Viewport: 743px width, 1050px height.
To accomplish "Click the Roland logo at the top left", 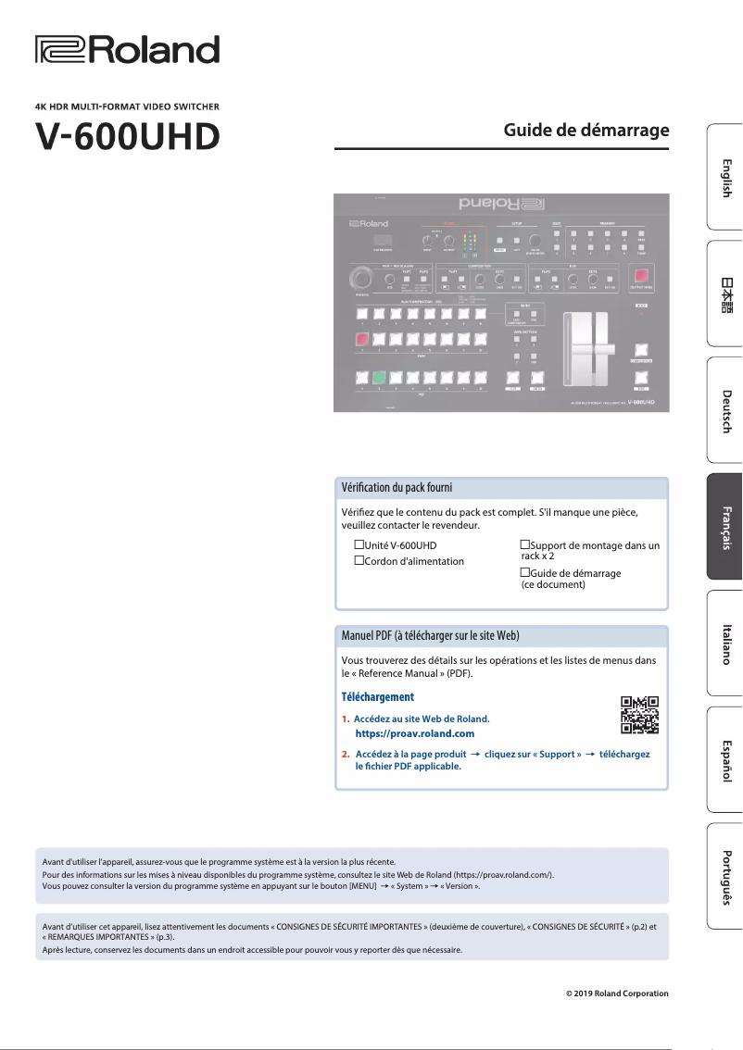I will coord(127,50).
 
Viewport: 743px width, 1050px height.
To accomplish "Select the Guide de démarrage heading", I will coord(586,130).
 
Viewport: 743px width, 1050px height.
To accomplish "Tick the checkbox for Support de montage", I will coord(524,545).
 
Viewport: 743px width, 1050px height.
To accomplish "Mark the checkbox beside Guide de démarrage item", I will coord(524,573).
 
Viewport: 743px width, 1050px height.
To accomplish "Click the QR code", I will coord(639,714).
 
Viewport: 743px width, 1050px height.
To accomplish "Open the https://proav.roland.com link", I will coord(414,733).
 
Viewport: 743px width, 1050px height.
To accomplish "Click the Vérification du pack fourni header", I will coord(397,487).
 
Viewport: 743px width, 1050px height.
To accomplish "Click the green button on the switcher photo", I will coord(378,377).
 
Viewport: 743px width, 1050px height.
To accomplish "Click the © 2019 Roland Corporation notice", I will coord(617,994).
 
